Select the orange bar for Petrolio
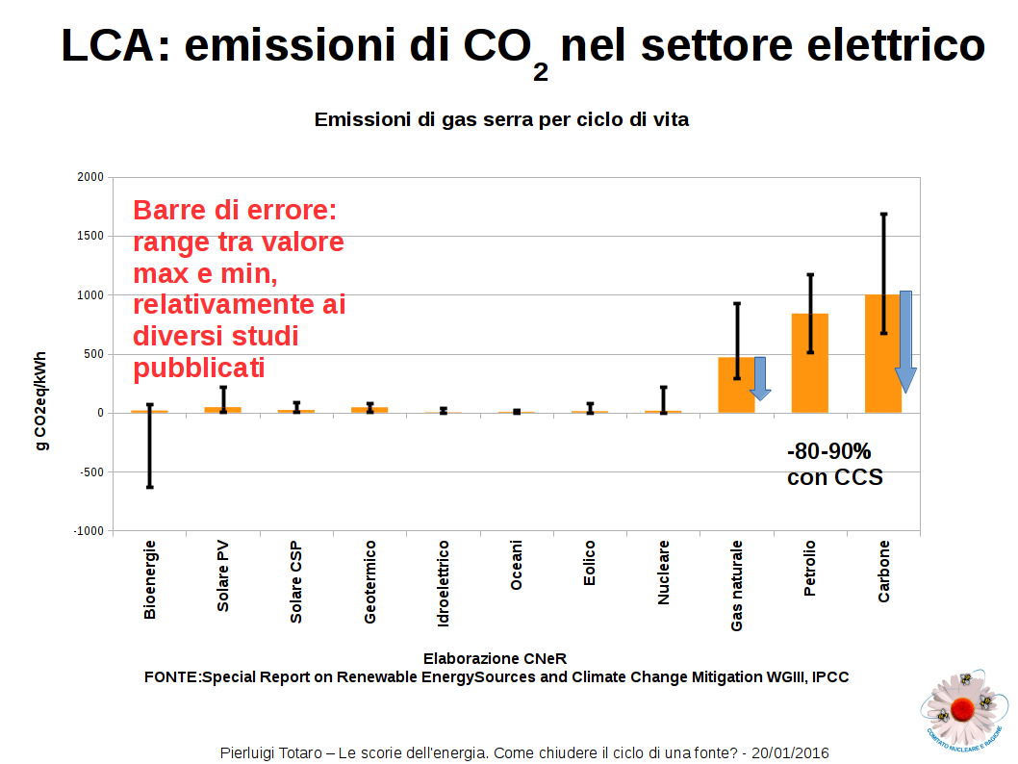point(809,363)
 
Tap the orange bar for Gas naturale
point(736,385)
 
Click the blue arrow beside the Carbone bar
point(905,342)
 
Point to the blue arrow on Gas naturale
point(760,378)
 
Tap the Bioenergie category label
point(150,578)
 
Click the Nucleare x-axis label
point(663,573)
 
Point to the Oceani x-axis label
point(517,566)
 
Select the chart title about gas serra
point(501,120)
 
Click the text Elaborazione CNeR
point(495,658)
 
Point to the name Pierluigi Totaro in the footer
point(273,752)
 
